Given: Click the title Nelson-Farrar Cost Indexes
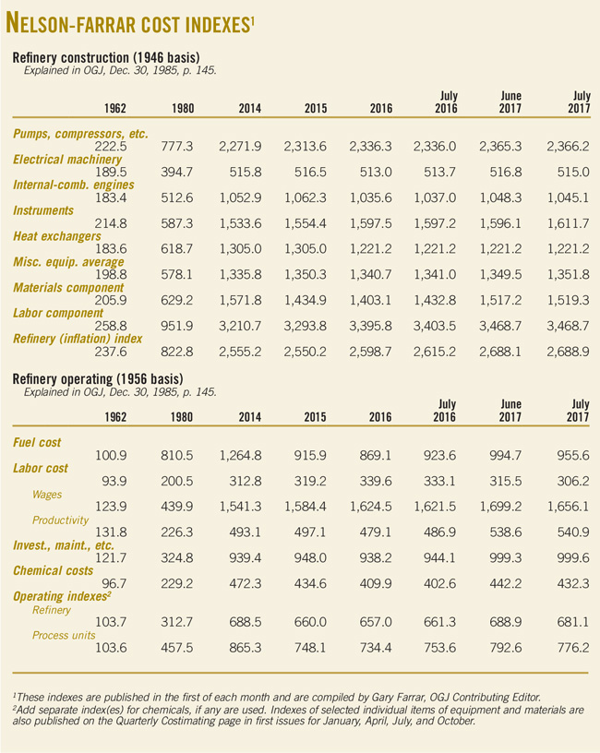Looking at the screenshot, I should pyautogui.click(x=130, y=22).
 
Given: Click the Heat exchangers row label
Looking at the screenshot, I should pyautogui.click(x=56, y=237).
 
